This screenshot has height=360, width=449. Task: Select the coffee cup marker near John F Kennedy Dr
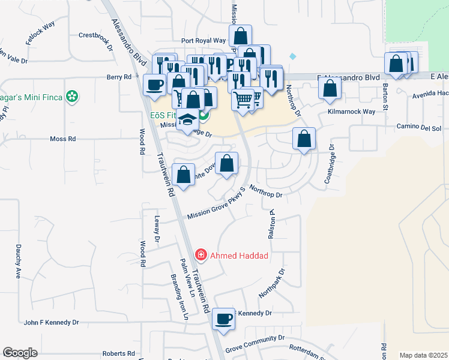click(224, 319)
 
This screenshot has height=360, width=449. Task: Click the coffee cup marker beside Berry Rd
click(155, 85)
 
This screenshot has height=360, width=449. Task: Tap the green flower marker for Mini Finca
click(72, 96)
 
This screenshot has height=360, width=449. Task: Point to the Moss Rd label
click(62, 139)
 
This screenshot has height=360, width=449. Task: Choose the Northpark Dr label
click(271, 284)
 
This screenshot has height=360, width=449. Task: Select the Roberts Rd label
click(118, 353)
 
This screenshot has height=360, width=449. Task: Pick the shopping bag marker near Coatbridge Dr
click(304, 139)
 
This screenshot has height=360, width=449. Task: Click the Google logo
click(20, 353)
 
